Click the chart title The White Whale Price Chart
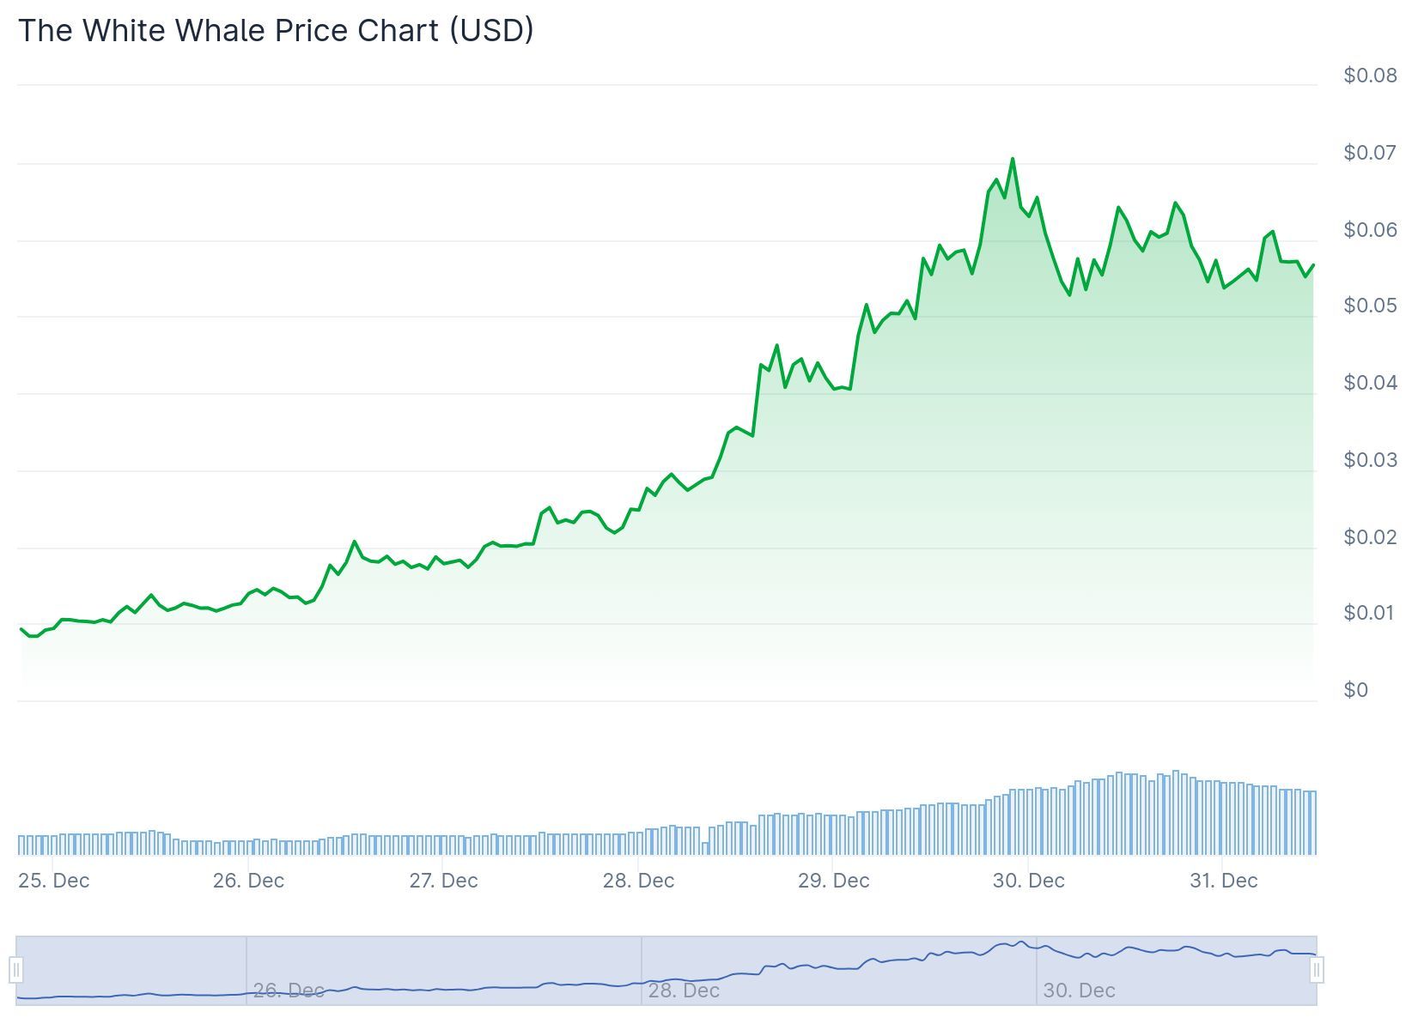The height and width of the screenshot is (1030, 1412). tap(275, 30)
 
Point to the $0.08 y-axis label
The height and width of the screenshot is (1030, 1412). tap(1370, 76)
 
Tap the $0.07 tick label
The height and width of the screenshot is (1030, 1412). tap(1370, 153)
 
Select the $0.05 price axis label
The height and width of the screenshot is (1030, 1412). tap(1370, 306)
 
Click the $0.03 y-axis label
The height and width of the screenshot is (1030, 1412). tap(1370, 460)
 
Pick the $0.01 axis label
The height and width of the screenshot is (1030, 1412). tap(1370, 613)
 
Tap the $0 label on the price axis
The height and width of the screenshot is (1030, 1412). tap(1355, 690)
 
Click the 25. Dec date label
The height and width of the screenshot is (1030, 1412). tap(53, 881)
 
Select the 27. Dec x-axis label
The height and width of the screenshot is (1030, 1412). tap(443, 881)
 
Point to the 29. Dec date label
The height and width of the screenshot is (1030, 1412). tap(833, 881)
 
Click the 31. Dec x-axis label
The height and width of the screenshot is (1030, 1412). tap(1223, 881)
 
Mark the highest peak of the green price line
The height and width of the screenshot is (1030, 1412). tap(1013, 159)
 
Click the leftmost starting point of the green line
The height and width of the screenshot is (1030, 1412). tap(21, 629)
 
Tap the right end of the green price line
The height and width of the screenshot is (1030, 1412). tap(1313, 265)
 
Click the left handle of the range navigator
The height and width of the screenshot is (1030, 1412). tap(16, 971)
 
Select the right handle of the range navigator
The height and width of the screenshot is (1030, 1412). tap(1317, 971)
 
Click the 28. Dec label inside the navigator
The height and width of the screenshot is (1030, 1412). tap(684, 991)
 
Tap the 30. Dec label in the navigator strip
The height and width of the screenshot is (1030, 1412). tap(1079, 991)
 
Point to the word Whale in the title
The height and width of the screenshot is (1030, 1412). tap(221, 30)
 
